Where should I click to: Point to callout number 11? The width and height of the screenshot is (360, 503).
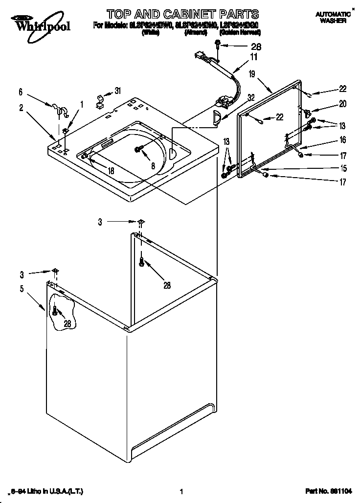[253, 57]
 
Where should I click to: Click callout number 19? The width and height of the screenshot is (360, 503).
[252, 74]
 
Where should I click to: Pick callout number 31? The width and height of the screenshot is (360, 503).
[117, 90]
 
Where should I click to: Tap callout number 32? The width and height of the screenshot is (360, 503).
[251, 97]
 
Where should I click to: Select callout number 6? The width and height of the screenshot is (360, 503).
[21, 91]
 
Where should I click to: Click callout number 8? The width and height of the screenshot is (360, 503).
[153, 166]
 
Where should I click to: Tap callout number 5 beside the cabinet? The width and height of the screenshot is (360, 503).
[22, 289]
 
